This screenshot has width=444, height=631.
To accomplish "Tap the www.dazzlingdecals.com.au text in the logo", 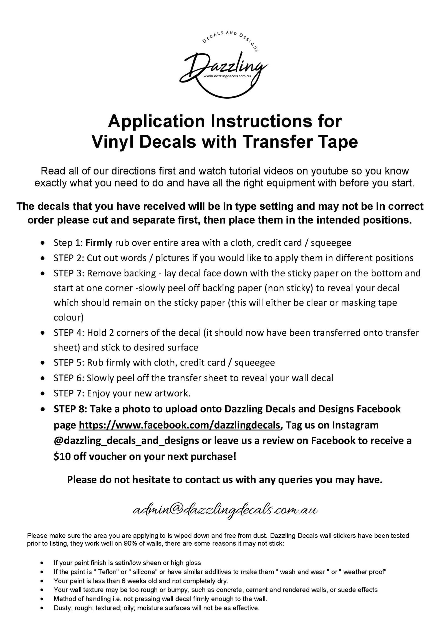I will coord(227,76).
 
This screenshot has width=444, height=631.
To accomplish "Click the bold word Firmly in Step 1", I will coord(99,243).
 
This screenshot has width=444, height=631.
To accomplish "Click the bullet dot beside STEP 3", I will coord(42,273).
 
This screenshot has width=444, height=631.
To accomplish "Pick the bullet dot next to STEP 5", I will coord(42,363).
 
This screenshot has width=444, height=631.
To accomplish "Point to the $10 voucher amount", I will coord(62,456).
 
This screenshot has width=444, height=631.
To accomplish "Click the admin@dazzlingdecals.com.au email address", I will coord(225,510).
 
